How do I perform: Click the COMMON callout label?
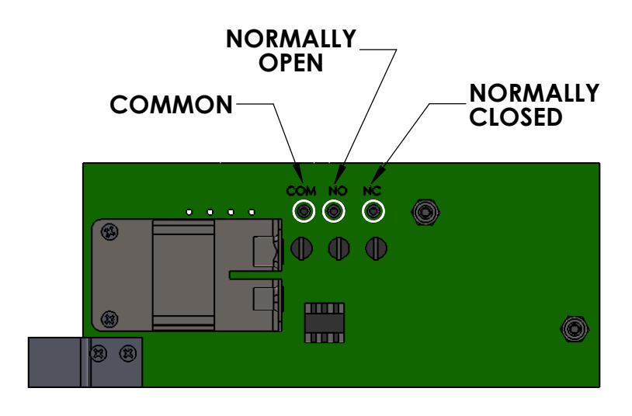172,105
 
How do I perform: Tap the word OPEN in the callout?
290,63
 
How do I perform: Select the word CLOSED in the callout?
516,117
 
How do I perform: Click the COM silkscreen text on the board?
301,191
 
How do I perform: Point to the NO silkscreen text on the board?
338,191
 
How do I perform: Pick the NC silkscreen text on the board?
372,191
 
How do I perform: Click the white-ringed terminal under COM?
304,211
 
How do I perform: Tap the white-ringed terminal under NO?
334,211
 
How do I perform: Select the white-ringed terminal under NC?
373,211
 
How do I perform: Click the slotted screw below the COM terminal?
302,248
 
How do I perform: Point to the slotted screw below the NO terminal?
339,248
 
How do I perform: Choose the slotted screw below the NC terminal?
376,248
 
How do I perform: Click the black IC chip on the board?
325,323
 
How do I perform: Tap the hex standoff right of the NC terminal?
425,212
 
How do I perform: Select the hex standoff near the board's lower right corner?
575,329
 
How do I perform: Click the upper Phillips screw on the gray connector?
109,232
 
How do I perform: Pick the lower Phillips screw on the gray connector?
109,320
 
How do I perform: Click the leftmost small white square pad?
189,212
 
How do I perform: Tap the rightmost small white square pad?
252,212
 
